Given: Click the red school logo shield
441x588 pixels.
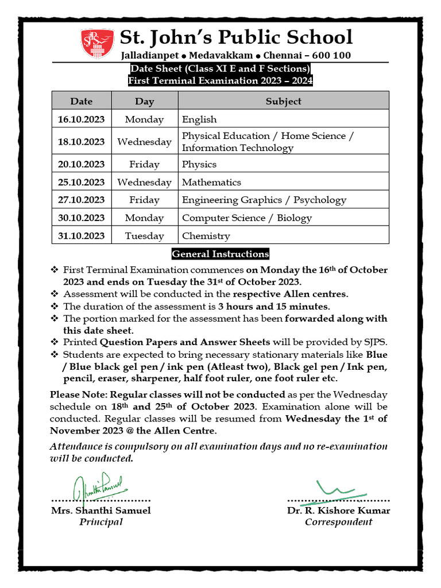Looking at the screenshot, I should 96,44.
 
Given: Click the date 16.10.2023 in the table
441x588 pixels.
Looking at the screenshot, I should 81,119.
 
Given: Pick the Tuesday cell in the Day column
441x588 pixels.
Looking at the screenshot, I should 144,236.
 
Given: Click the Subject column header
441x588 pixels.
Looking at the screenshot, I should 283,101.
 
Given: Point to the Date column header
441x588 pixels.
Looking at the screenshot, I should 81,101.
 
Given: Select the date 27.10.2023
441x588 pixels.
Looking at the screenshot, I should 81,200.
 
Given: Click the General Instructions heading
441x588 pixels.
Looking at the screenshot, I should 220,254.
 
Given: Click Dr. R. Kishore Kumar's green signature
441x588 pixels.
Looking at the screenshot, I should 339,489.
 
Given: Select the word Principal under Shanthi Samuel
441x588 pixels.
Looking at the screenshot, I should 101,522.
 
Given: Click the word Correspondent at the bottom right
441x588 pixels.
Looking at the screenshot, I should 338,522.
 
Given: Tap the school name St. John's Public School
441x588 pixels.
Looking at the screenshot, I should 235,37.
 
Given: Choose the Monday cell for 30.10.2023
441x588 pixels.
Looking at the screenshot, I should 144,218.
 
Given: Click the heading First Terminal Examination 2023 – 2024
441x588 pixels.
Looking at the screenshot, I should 220,81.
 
